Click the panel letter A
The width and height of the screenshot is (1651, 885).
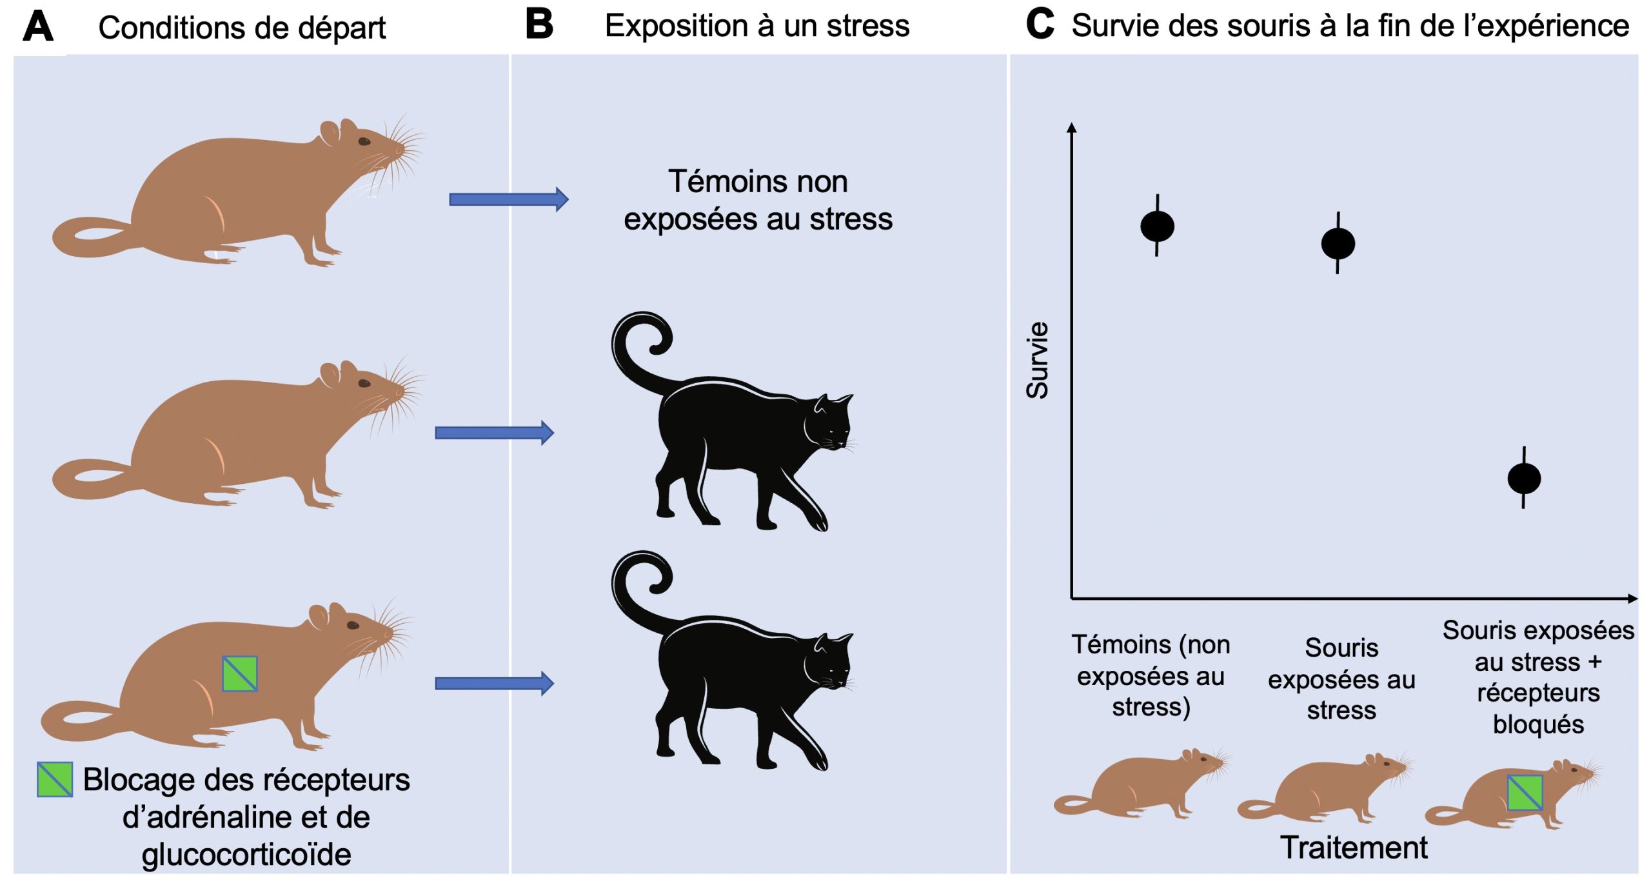[38, 27]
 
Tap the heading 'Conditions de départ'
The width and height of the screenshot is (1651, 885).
[242, 28]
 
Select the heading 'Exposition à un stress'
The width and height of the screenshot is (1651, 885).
[756, 26]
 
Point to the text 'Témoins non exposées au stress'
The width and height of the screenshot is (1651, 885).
[758, 200]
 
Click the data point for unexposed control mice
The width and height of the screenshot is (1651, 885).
[1157, 226]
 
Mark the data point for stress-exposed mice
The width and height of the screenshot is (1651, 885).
[1338, 244]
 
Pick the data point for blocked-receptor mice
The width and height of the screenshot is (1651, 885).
[1524, 479]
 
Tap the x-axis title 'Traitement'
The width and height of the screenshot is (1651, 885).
[1354, 848]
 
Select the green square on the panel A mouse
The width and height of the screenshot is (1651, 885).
[240, 674]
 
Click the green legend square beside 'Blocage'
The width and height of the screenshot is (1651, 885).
[55, 780]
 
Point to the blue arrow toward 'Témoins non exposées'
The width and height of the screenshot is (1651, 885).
[508, 199]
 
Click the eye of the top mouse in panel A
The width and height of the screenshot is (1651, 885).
[364, 141]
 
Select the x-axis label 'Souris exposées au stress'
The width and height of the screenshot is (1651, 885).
[1341, 679]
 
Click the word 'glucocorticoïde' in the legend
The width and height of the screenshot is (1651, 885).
[246, 855]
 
